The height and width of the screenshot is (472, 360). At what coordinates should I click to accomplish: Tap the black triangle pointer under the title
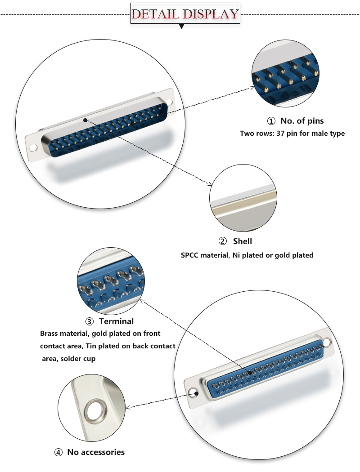[x=182, y=27]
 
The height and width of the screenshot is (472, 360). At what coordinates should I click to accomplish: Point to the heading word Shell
[x=242, y=241]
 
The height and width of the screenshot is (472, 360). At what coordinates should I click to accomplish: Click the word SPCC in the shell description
[x=191, y=255]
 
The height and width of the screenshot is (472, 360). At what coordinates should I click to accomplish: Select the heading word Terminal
[x=116, y=321]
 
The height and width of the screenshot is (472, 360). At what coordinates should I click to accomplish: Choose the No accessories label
[x=95, y=452]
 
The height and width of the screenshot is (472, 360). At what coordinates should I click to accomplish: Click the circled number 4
[x=58, y=452]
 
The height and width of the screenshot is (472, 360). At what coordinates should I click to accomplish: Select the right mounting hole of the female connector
[x=328, y=343]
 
